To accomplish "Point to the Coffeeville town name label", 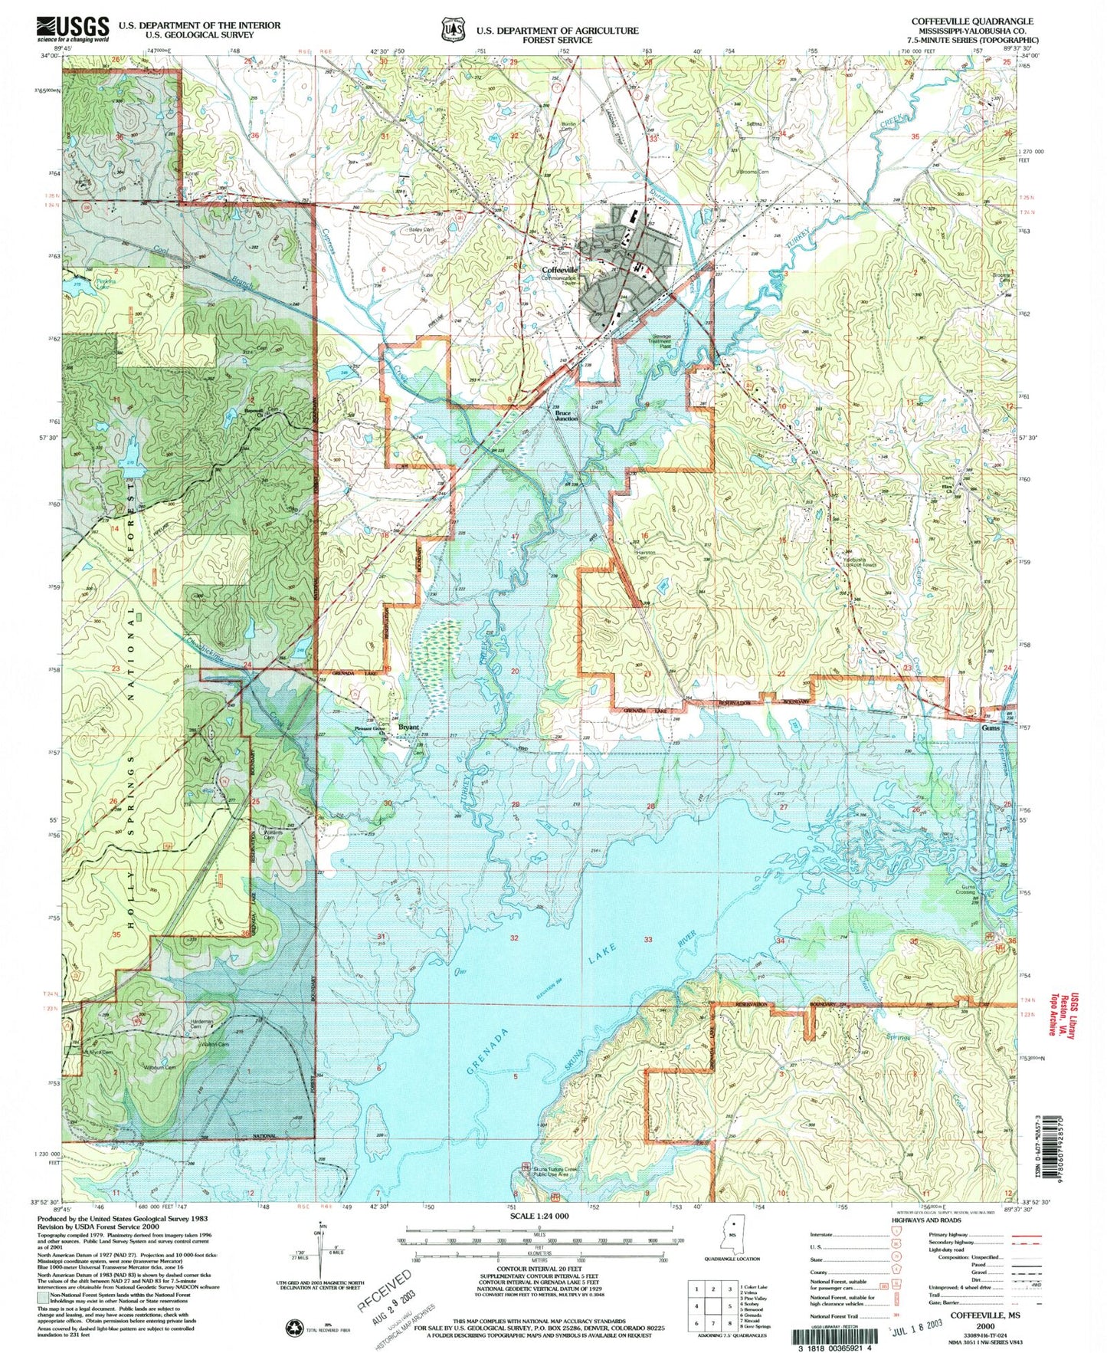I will tap(560, 270).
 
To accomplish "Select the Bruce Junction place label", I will tap(566, 416).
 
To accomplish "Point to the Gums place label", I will tap(991, 729).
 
